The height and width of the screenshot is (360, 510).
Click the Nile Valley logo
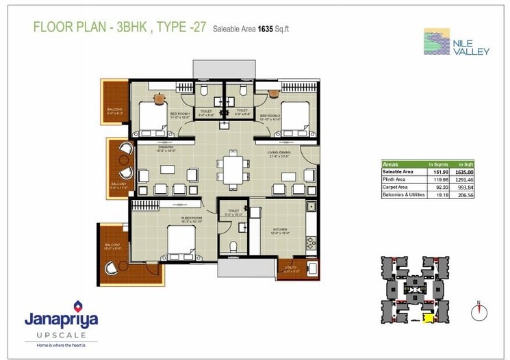click(x=455, y=42)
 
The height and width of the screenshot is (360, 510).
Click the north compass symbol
click(x=479, y=311)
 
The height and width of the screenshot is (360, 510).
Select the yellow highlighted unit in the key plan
click(x=429, y=317)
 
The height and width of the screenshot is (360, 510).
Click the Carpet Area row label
click(x=396, y=187)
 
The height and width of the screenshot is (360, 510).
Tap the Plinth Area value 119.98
click(x=436, y=179)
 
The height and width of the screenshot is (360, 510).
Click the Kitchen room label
click(x=279, y=229)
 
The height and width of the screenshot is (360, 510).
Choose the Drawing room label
click(x=166, y=147)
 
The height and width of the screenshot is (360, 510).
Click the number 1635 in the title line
click(x=266, y=29)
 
